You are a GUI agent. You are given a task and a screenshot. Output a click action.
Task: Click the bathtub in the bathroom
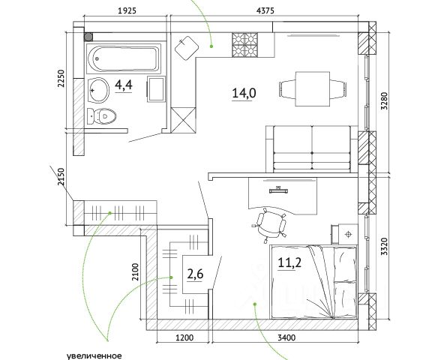point(124,59)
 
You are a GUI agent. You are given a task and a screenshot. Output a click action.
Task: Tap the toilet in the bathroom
point(102,116)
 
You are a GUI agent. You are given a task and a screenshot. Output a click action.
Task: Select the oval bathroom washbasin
point(98,90)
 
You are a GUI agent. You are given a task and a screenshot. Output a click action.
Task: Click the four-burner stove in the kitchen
point(244,44)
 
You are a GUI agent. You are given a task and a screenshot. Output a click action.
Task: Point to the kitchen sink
point(186,47)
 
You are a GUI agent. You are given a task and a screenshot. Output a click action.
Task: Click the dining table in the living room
point(313,88)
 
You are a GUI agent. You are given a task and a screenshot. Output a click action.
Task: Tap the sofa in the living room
point(312,149)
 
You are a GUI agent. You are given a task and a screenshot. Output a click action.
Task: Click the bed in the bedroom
point(313,282)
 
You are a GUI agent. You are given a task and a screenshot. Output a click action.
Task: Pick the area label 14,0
point(244,93)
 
